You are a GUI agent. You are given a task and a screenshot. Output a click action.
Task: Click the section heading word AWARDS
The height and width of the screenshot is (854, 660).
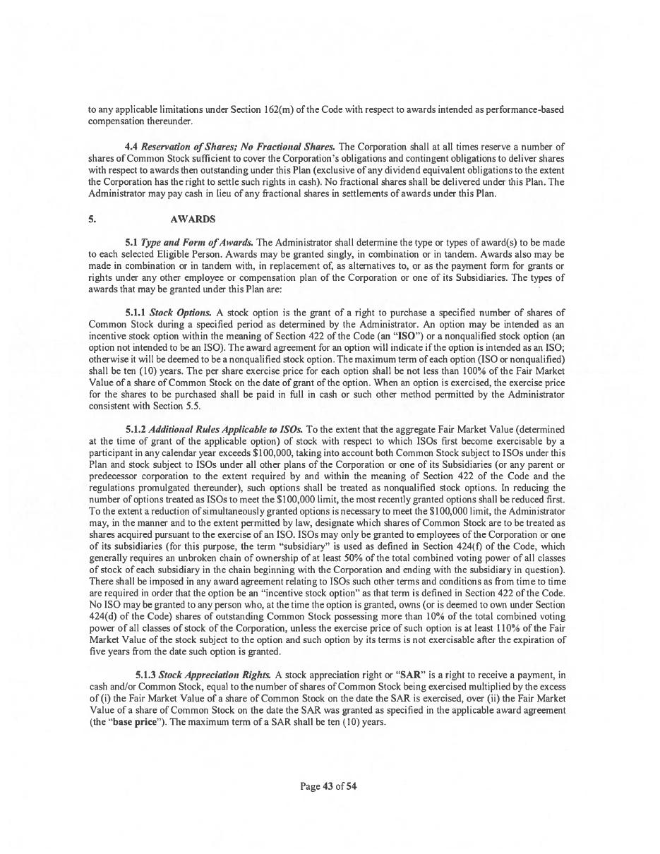[192, 219]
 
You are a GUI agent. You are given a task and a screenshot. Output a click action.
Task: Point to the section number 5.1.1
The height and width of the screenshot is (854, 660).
[136, 312]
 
